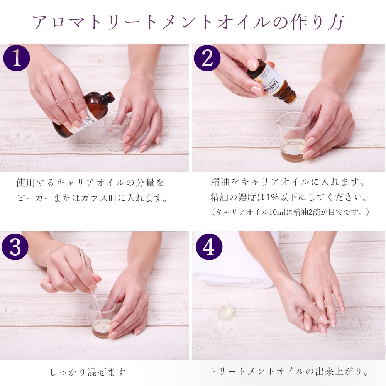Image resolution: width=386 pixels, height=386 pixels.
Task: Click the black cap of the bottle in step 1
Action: [108, 98]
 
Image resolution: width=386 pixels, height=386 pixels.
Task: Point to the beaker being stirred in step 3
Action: [102, 318]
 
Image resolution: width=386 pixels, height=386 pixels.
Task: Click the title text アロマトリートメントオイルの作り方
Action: [188, 22]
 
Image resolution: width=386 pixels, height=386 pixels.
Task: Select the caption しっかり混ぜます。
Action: [91, 372]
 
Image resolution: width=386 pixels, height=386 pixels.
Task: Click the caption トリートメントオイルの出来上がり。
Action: [289, 372]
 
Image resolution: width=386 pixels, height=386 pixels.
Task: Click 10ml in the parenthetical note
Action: [275, 212]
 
